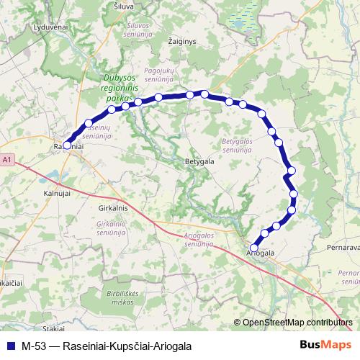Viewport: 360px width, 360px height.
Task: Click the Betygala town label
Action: click(x=199, y=162)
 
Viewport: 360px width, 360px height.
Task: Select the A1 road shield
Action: click(x=6, y=159)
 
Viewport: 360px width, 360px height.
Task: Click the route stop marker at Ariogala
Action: click(x=253, y=248)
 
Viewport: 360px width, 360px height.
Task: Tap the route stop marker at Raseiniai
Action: click(x=67, y=145)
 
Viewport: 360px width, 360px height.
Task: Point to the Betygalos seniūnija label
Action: click(x=235, y=146)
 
